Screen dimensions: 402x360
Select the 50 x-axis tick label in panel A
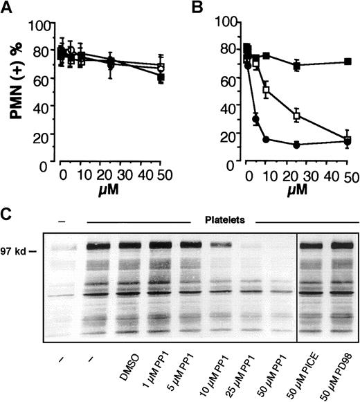coord(162,173)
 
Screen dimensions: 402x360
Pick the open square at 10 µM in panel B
coord(267,89)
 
